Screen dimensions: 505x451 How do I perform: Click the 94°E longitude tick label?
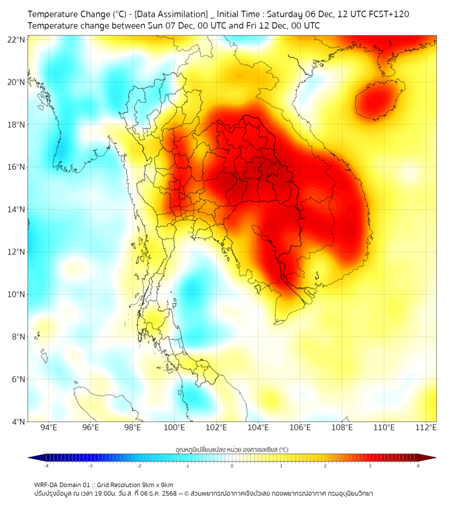(49, 428)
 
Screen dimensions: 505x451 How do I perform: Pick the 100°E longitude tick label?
(175, 428)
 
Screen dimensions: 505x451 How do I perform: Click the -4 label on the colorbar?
(46, 465)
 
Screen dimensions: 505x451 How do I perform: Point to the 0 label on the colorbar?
(232, 465)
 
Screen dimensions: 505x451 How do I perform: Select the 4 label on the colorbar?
(418, 465)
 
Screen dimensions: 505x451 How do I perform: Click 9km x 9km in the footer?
(157, 484)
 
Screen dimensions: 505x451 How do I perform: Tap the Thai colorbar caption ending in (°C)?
(232, 450)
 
